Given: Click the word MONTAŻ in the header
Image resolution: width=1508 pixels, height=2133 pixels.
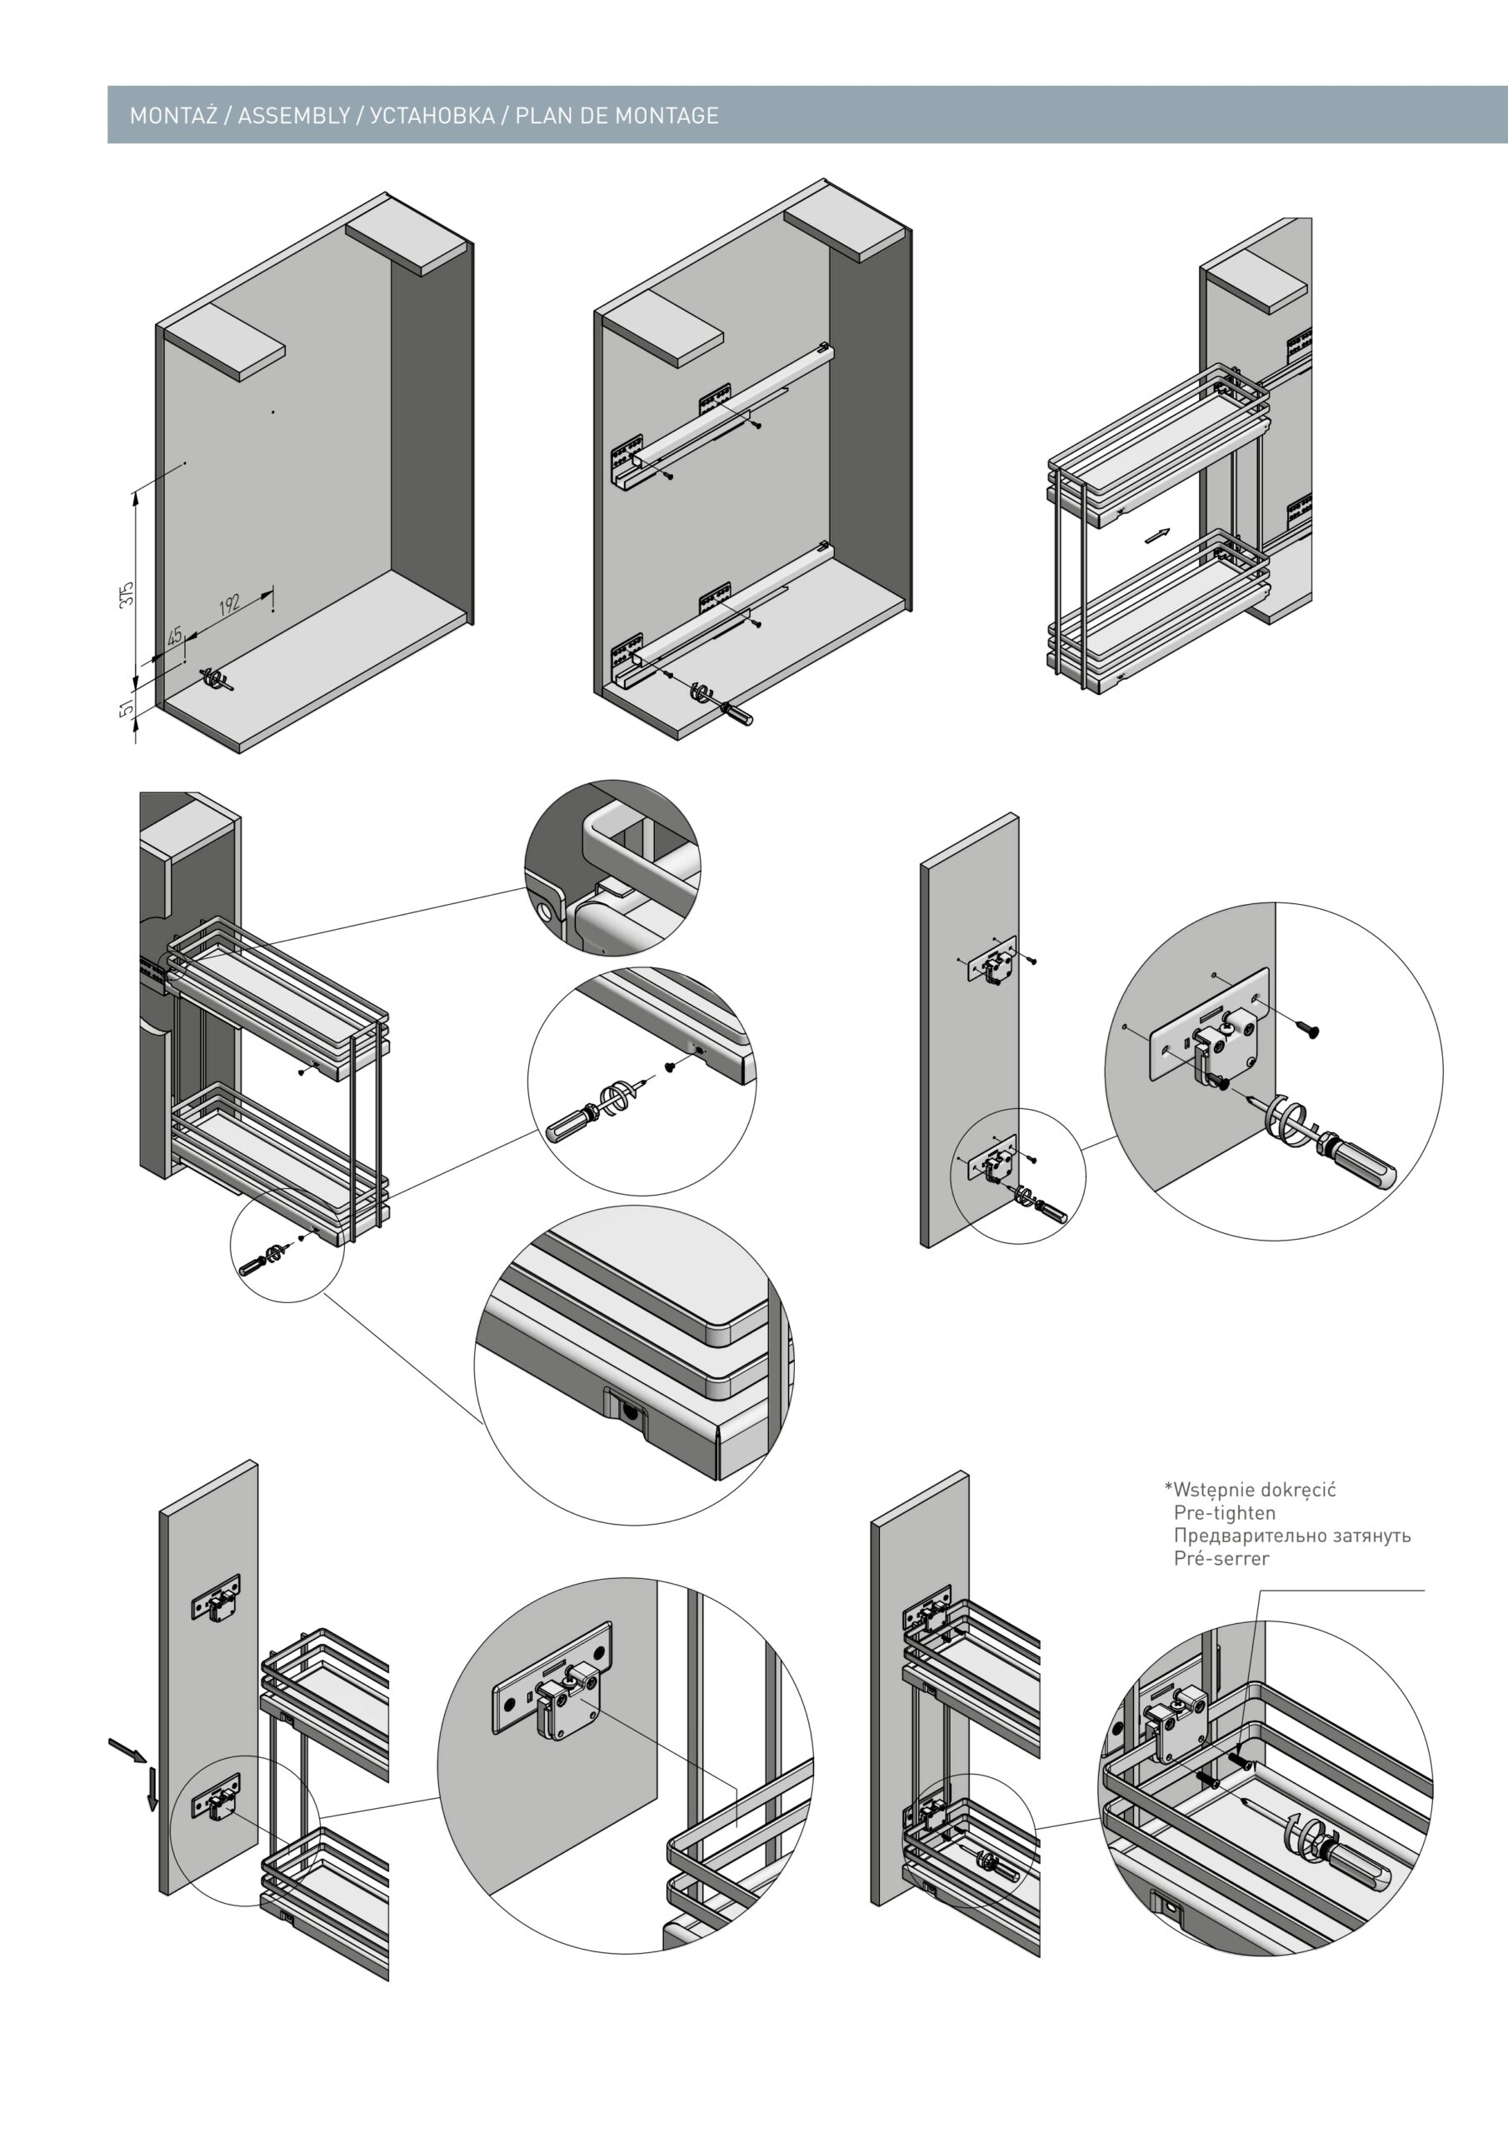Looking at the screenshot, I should coord(174,116).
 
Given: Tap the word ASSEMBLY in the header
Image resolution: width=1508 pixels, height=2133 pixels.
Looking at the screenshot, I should coord(293,116).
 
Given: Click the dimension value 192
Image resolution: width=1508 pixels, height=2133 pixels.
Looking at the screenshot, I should coord(229,604).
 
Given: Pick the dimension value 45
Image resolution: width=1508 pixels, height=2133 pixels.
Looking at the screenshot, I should coord(175,637).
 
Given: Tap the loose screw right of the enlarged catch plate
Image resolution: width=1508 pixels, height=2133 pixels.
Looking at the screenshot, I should coord(1309,1028).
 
